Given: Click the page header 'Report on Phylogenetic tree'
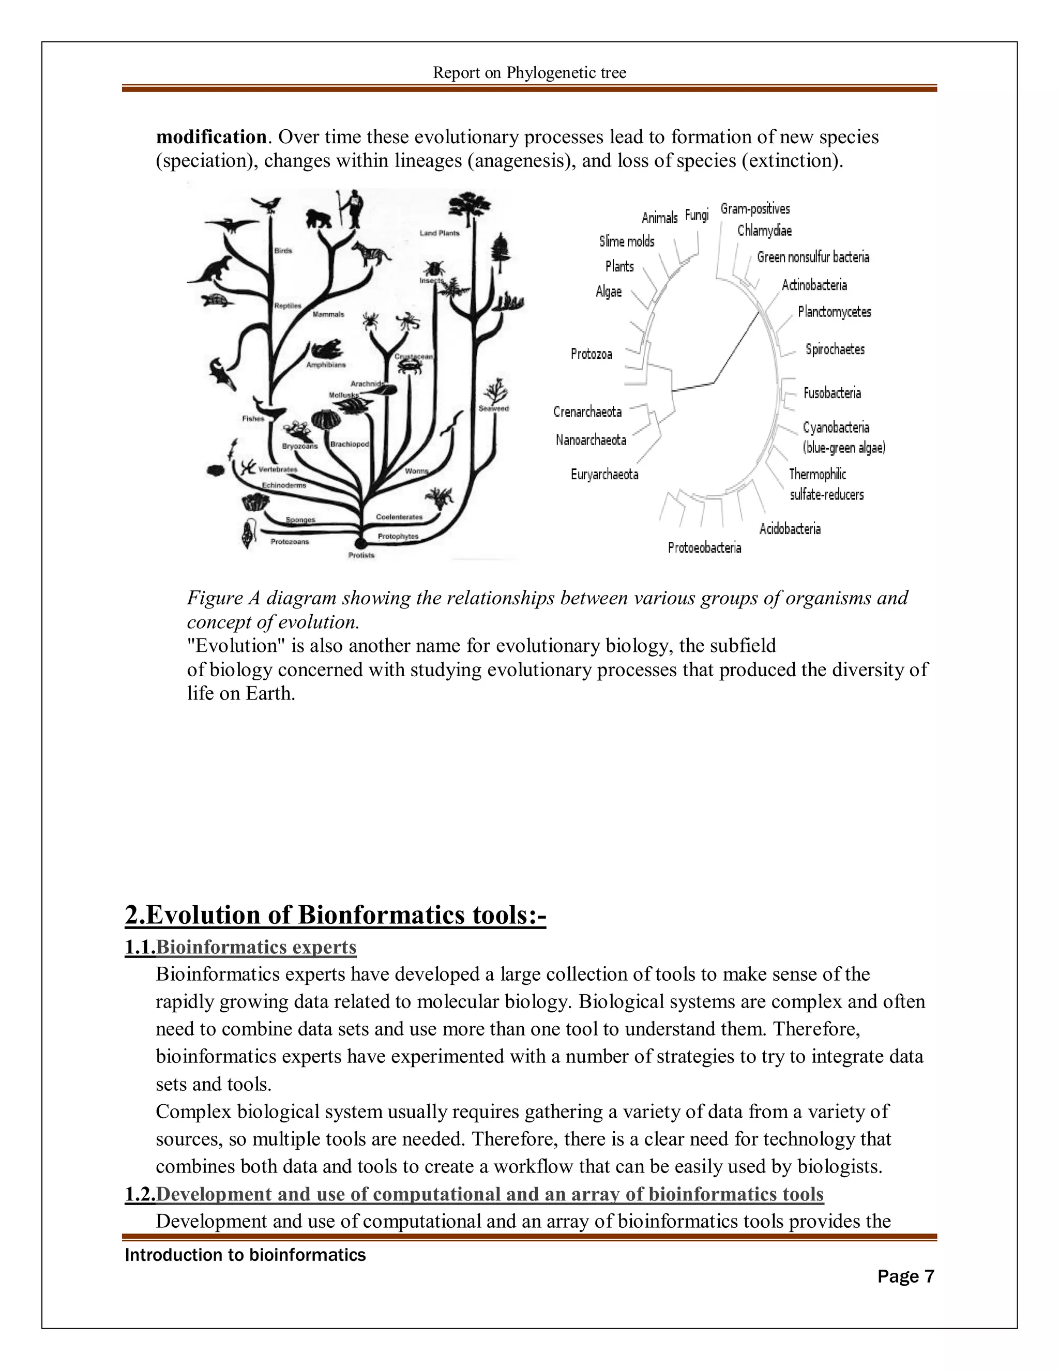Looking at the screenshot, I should (529, 73).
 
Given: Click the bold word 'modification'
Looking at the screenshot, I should (211, 137).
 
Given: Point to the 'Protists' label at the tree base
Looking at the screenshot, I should (361, 555).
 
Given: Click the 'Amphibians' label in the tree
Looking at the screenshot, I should (326, 364).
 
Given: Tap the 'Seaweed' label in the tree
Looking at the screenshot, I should (494, 408).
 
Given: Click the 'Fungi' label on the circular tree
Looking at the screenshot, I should (697, 215).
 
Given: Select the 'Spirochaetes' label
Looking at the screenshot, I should (835, 349).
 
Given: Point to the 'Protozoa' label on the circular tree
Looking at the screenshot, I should (591, 354).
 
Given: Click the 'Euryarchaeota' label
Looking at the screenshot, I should (604, 474).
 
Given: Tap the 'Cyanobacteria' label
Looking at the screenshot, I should (836, 427).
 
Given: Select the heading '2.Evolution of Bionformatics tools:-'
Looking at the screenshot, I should (336, 915).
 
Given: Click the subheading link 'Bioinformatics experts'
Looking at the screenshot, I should (256, 947).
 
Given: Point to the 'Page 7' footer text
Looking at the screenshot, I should (905, 1276).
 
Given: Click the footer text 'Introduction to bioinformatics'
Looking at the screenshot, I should (245, 1255).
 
